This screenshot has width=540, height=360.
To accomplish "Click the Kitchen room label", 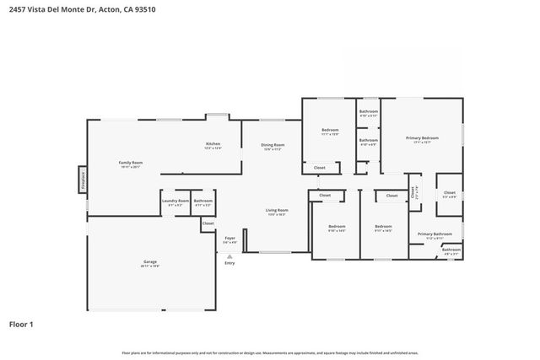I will pyautogui.click(x=213, y=144).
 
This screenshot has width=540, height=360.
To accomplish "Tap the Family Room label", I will pyautogui.click(x=130, y=163).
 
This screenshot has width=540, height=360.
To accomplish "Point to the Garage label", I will pyautogui.click(x=150, y=263).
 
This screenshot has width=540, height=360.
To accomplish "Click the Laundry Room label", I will pyautogui.click(x=175, y=201).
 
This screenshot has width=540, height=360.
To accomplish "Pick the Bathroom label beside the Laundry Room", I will pyautogui.click(x=202, y=201).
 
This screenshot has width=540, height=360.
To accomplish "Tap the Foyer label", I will pyautogui.click(x=229, y=239).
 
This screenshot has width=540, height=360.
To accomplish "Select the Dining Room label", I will pyautogui.click(x=272, y=145).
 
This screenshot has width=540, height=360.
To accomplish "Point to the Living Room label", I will pyautogui.click(x=277, y=211).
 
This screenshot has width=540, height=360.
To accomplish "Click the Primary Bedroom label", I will pyautogui.click(x=422, y=138).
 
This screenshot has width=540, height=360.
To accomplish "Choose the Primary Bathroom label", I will pyautogui.click(x=435, y=234).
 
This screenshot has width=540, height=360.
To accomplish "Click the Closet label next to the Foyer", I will pyautogui.click(x=208, y=223).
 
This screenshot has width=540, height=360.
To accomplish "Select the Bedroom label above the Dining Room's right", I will pyautogui.click(x=329, y=130).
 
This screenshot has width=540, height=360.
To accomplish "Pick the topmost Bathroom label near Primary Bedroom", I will pyautogui.click(x=368, y=112).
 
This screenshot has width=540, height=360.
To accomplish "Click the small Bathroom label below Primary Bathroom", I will pyautogui.click(x=451, y=249).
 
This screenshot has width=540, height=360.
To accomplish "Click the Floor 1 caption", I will pyautogui.click(x=21, y=324).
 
